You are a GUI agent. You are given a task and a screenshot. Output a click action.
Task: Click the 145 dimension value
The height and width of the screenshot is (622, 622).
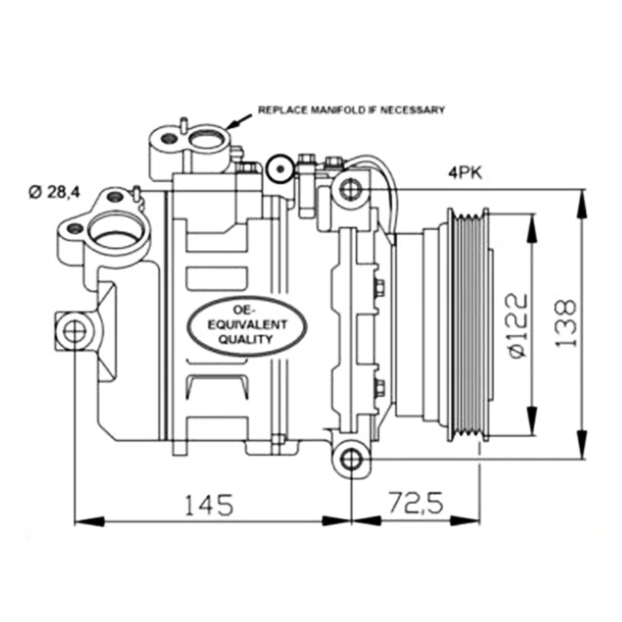[x=209, y=505]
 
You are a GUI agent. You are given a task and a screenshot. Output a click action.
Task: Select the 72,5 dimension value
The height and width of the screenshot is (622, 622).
[x=416, y=503]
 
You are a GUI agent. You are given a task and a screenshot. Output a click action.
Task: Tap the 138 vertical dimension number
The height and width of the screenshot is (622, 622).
[x=566, y=323]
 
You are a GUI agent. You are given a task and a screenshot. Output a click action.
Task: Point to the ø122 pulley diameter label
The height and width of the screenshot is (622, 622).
[x=518, y=326]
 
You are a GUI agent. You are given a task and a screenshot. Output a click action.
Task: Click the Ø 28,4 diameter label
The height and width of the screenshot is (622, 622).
[x=54, y=192]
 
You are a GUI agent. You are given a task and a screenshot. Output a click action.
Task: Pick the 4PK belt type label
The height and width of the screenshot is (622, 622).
[x=465, y=173]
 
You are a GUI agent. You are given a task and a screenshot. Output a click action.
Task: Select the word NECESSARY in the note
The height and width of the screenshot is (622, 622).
[x=413, y=110]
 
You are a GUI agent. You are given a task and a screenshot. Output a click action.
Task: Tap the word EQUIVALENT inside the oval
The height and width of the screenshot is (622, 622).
[x=246, y=325]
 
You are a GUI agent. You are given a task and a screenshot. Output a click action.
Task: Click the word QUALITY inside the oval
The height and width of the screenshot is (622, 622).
[x=246, y=339]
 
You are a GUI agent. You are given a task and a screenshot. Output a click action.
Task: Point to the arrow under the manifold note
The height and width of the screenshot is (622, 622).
[x=239, y=121]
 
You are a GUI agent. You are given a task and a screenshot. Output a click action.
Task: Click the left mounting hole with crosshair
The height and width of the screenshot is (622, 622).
[x=74, y=332]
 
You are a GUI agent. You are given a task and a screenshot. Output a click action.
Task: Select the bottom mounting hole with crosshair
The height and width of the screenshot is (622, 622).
[x=351, y=460]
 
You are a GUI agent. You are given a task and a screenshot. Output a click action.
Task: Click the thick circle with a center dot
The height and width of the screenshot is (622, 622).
[x=280, y=169]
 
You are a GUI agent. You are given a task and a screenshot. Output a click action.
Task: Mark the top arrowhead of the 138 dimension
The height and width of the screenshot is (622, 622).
[x=582, y=203]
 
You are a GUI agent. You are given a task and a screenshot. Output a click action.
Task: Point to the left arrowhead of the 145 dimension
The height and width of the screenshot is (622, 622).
[x=89, y=521]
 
